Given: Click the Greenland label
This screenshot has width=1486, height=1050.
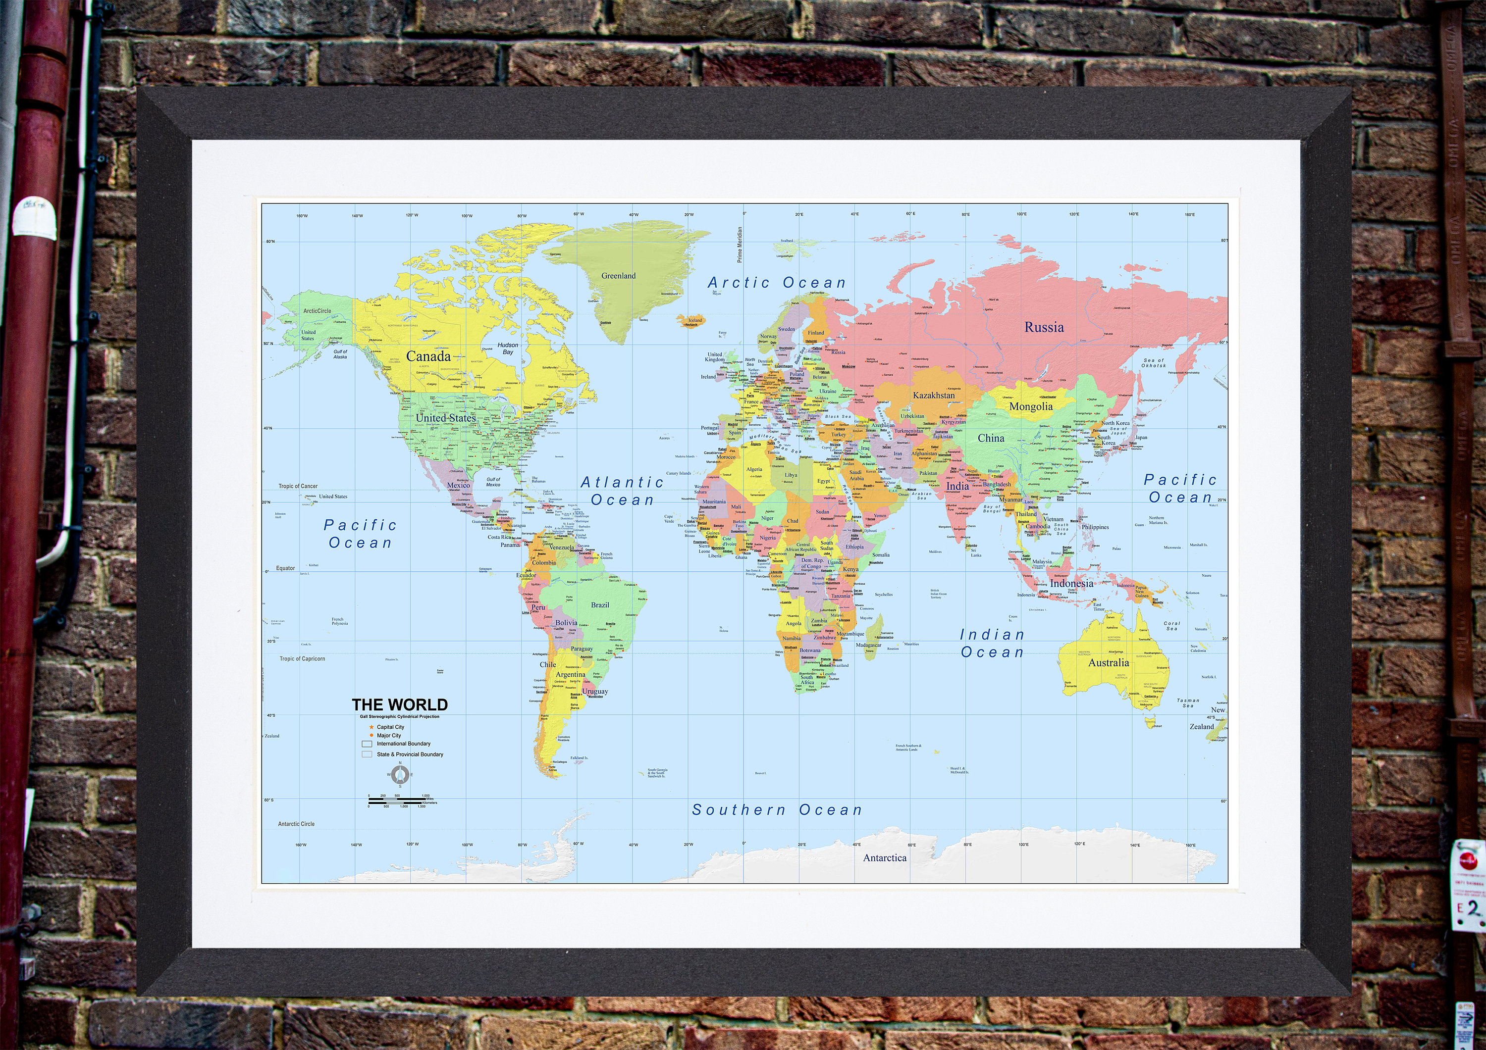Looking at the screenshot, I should point(618,276).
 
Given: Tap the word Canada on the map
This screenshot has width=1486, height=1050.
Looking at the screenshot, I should point(428,356).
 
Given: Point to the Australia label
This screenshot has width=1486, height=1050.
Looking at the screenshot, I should point(1108,662).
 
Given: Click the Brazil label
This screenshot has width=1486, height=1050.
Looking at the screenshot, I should point(600,605).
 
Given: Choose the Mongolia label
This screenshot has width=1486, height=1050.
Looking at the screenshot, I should point(1030,406).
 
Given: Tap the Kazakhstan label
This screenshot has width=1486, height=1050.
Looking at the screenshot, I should point(933,395).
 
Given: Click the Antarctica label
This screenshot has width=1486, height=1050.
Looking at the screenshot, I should point(884,858).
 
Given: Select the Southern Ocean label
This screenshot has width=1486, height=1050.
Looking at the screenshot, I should point(777,810).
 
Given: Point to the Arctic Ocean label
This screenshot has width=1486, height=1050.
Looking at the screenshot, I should point(777,283).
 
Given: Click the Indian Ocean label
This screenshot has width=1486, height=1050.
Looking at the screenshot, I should point(992,644).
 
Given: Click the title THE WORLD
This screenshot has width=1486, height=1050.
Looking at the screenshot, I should point(399,704).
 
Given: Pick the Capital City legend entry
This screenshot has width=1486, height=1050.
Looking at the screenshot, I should point(390,727).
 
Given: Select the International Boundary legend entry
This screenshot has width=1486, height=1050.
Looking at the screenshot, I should point(403,744).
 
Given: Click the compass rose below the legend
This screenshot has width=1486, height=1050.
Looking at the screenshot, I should point(400,774).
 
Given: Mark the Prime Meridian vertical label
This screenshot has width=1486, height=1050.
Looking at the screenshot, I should point(740,244).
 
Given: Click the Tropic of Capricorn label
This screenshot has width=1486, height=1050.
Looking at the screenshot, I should point(302,658).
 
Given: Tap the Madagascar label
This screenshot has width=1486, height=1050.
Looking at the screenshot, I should point(868,645).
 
